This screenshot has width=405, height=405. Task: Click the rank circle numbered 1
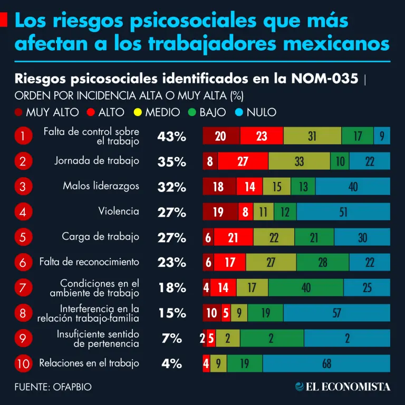coord(23,136)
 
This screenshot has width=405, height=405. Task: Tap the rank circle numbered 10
coord(23,363)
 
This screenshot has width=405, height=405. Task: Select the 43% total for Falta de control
coord(171,137)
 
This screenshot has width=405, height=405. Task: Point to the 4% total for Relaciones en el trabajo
coord(171,363)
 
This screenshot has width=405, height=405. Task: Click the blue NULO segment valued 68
coord(326,363)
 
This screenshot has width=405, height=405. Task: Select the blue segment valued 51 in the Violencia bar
coord(343,212)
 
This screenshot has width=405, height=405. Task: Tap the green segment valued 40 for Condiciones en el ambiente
coord(306,287)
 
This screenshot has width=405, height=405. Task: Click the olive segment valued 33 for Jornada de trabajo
coord(299,161)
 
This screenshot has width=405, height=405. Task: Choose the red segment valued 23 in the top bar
coord(262,136)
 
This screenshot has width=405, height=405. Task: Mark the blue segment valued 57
coord(336,313)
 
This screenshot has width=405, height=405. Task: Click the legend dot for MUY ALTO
coord(19,112)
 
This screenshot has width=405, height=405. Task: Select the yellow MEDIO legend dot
coord(138,112)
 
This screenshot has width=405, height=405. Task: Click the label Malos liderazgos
coord(101,186)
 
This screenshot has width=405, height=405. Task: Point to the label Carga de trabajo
coord(100,236)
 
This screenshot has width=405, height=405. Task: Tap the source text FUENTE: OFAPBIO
coord(53,387)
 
